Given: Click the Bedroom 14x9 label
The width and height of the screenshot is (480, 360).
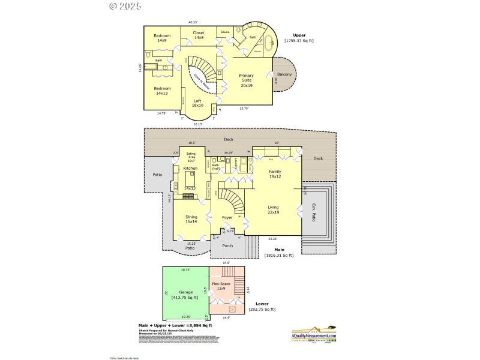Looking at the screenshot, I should click(162, 38).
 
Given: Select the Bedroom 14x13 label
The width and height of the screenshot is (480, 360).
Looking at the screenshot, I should click(162, 91).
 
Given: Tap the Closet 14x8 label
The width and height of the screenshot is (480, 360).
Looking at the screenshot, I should click(199, 35).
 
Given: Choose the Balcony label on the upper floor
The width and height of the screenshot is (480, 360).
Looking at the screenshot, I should click(285, 74).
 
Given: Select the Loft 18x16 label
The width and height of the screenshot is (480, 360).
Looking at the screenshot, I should click(197, 103).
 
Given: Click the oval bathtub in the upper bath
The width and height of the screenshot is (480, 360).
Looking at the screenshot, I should click(269, 43).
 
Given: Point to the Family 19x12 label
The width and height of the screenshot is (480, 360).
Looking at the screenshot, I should click(274, 174).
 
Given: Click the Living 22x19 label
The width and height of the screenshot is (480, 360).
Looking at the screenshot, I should click(274, 210).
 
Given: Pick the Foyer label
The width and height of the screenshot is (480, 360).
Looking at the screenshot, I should click(227, 217).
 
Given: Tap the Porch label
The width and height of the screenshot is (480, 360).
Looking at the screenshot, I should click(227, 245).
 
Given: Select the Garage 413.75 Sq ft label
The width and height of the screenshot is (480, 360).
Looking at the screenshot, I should click(185, 294).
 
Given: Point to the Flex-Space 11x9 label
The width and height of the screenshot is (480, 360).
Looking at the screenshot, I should click(221, 286).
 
